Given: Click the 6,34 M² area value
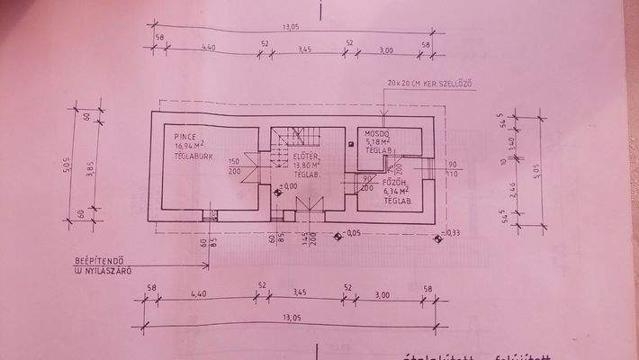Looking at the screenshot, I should click(x=396, y=190).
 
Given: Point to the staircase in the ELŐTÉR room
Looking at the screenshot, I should click(x=295, y=138).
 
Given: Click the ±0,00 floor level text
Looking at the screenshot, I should click(x=289, y=186).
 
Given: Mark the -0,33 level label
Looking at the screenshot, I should click(x=450, y=232).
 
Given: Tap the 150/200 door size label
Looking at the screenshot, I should click(x=236, y=166).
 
